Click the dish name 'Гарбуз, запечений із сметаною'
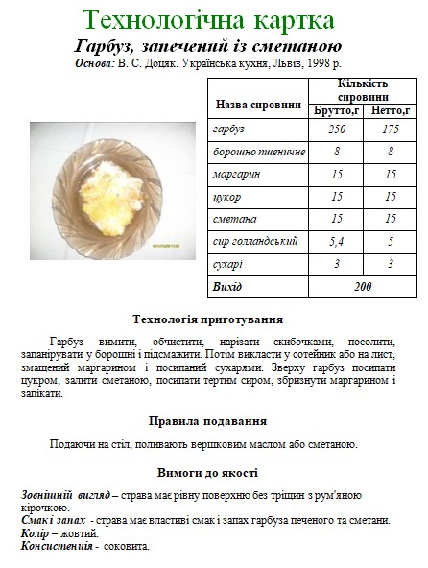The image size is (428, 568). click(x=207, y=47)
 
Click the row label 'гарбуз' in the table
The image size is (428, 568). click(x=229, y=130)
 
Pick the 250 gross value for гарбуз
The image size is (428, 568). click(x=337, y=130)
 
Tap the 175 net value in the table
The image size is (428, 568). click(x=391, y=130)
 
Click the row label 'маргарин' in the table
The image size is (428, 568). click(x=236, y=174)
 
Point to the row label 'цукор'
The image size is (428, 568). click(x=226, y=196)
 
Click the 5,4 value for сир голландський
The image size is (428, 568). click(x=337, y=241)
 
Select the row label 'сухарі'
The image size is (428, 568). click(x=228, y=263)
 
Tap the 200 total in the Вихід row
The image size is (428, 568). click(x=364, y=286)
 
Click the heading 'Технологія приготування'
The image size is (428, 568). click(x=207, y=319)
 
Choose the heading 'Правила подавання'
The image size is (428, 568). click(x=207, y=421)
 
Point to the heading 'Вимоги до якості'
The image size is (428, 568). click(x=207, y=473)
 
